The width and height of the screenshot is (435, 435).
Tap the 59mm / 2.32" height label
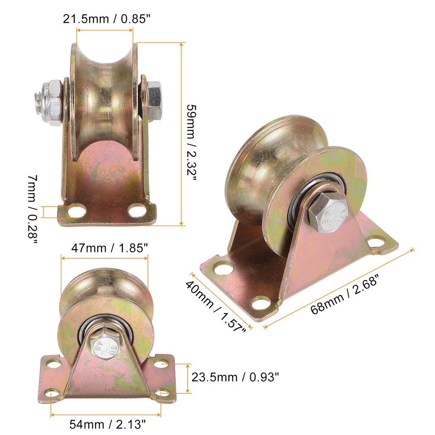(x=193, y=142)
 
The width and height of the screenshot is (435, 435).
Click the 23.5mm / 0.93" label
(x=235, y=377)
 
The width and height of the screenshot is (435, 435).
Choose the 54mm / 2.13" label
(x=108, y=424)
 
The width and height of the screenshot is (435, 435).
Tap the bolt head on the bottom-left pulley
(x=103, y=347)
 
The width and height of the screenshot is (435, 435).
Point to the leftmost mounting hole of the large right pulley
(x=222, y=268)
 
